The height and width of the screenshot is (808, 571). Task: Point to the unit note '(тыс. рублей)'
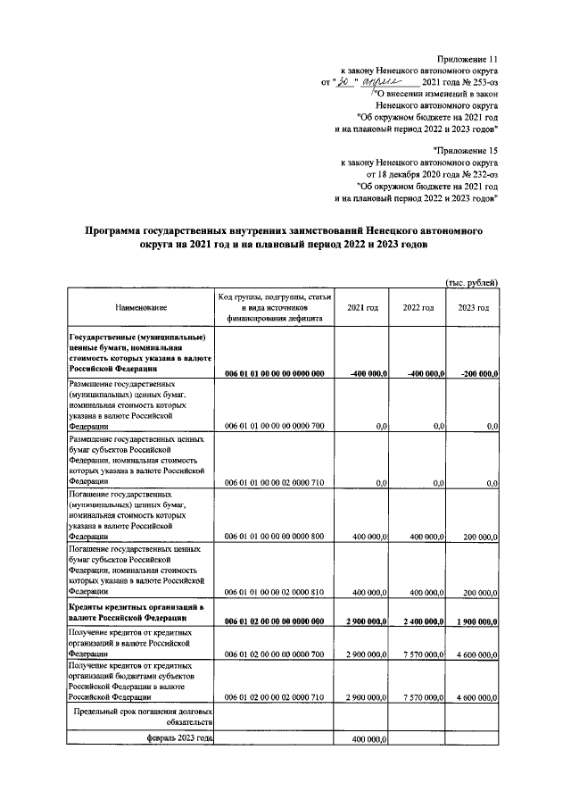(471, 282)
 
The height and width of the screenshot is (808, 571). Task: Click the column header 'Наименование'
(140, 307)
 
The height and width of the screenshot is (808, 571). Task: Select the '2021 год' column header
(361, 307)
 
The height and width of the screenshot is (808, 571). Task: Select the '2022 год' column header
(418, 307)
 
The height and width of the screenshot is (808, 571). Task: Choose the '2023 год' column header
(473, 307)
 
